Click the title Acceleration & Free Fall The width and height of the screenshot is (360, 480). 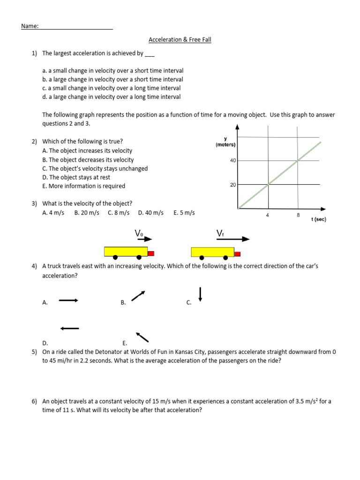(x=180, y=40)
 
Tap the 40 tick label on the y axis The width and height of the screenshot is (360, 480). (x=233, y=160)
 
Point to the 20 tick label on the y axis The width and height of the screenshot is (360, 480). (x=233, y=185)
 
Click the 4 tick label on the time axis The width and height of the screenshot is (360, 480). (x=268, y=215)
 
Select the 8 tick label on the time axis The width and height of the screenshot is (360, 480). (x=298, y=215)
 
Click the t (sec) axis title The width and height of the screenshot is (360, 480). (x=319, y=219)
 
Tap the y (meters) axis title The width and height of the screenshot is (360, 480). (x=225, y=142)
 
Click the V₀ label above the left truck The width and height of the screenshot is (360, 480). (x=139, y=233)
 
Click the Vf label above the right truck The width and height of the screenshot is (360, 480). (x=221, y=233)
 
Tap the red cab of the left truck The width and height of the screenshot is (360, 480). (x=151, y=253)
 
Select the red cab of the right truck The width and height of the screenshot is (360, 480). (x=238, y=254)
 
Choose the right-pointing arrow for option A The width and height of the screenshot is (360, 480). (x=68, y=300)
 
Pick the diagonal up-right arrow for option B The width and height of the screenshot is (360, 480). (x=138, y=296)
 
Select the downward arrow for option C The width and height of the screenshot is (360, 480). (x=201, y=294)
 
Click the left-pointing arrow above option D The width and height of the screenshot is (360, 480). (x=69, y=328)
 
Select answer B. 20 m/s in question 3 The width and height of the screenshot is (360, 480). (x=87, y=213)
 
